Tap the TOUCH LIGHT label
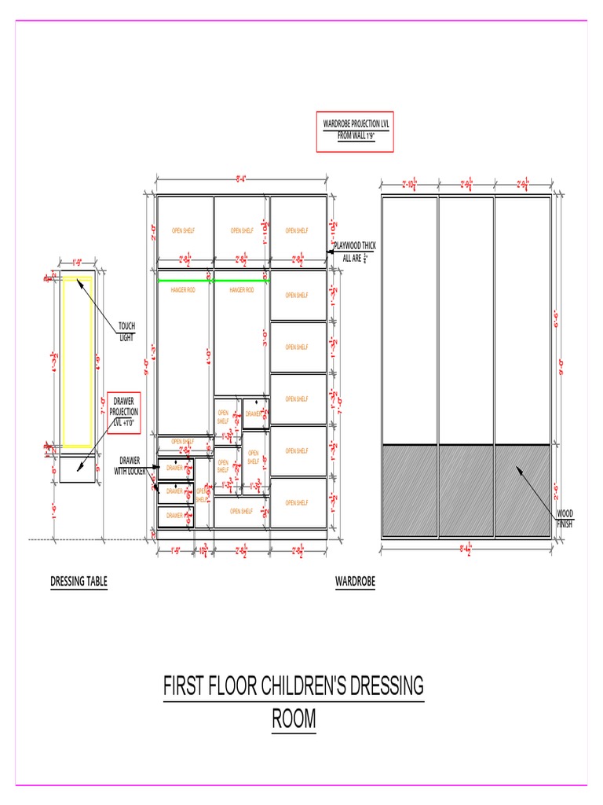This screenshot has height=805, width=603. coord(126,331)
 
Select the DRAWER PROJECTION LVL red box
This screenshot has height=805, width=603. coord(124,412)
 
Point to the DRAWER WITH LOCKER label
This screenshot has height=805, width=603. coord(130,465)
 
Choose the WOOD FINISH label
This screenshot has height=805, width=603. coord(565,518)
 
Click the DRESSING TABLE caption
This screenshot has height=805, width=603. coord(79,582)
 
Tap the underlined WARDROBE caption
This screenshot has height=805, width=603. coord(355,582)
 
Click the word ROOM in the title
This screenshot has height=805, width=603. coord(294,719)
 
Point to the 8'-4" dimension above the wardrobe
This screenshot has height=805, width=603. coord(242,179)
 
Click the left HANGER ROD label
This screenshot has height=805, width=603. coord(182,290)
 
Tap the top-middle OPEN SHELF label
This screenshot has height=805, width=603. coord(242,231)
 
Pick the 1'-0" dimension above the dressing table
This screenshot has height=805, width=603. coord(77,263)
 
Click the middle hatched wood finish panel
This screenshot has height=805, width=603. coord(466,491)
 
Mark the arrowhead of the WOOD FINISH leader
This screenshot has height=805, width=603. coord(517,469)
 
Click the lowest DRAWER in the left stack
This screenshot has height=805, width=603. coord(176,516)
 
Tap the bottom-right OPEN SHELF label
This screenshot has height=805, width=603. coord(297,503)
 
